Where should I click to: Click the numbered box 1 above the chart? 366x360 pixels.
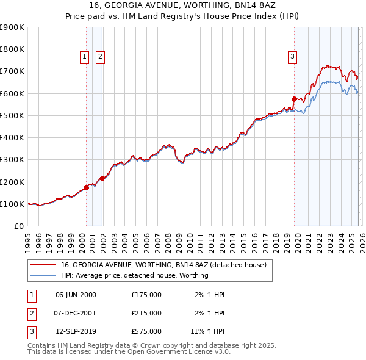(85, 57)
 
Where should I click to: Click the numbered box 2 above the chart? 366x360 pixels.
(100, 57)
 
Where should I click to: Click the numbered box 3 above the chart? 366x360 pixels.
(292, 57)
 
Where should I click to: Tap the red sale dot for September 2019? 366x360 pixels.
(294, 98)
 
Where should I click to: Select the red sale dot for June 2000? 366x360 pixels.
(86, 187)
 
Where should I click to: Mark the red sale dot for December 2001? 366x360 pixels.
(102, 178)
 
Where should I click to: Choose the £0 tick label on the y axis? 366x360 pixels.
(20, 226)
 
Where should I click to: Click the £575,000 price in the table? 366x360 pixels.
(146, 333)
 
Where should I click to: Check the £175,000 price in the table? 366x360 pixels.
(146, 295)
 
